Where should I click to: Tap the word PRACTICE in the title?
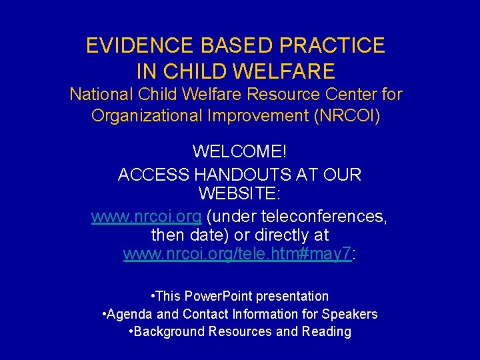(x=333, y=45)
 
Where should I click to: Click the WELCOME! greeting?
(x=239, y=151)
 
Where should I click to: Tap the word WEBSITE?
(x=239, y=194)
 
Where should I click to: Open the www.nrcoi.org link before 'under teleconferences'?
(x=147, y=217)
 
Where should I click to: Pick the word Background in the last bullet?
(x=168, y=332)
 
